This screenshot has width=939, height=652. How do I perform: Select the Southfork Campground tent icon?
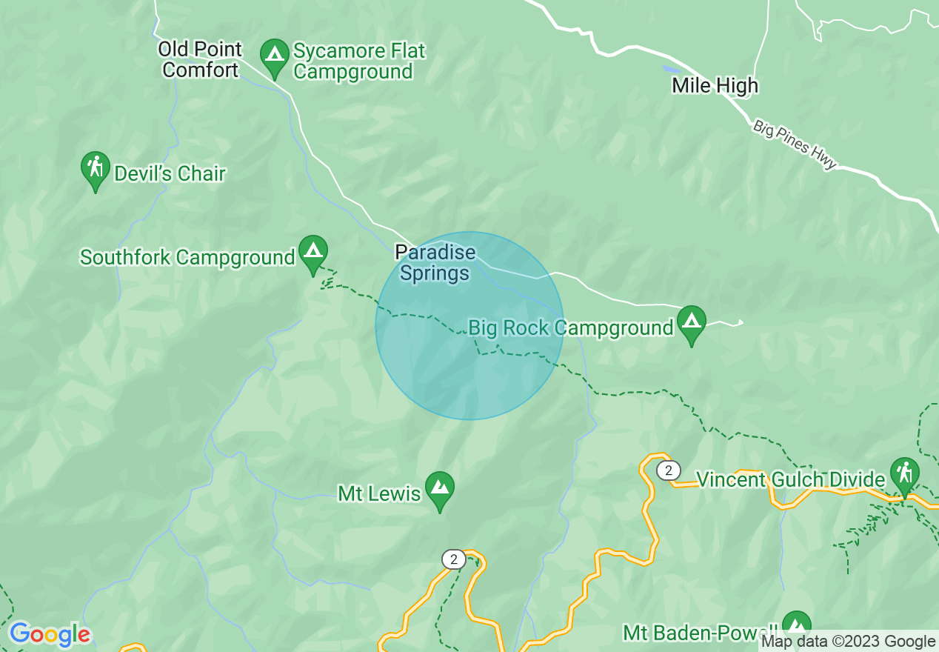(x=313, y=253)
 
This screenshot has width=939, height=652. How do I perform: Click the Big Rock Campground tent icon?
(x=691, y=323)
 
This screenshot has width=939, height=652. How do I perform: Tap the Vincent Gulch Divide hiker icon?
(x=904, y=475)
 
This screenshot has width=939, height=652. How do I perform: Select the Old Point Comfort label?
(x=201, y=60)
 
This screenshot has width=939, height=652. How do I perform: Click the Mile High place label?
(x=715, y=86)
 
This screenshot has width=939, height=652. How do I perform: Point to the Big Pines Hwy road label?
(x=795, y=144)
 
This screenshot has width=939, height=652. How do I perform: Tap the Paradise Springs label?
(x=435, y=263)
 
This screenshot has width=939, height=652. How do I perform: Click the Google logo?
(x=50, y=635)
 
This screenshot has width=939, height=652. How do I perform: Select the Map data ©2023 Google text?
(x=848, y=642)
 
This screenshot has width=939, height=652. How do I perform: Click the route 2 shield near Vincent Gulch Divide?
(x=668, y=470)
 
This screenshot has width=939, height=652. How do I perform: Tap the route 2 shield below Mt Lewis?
(x=452, y=559)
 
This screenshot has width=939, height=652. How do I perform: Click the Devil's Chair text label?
(x=170, y=174)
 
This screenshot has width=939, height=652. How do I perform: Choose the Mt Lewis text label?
(x=379, y=493)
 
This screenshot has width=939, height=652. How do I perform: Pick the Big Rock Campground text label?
(x=571, y=327)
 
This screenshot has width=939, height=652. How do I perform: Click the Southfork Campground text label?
(x=187, y=258)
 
